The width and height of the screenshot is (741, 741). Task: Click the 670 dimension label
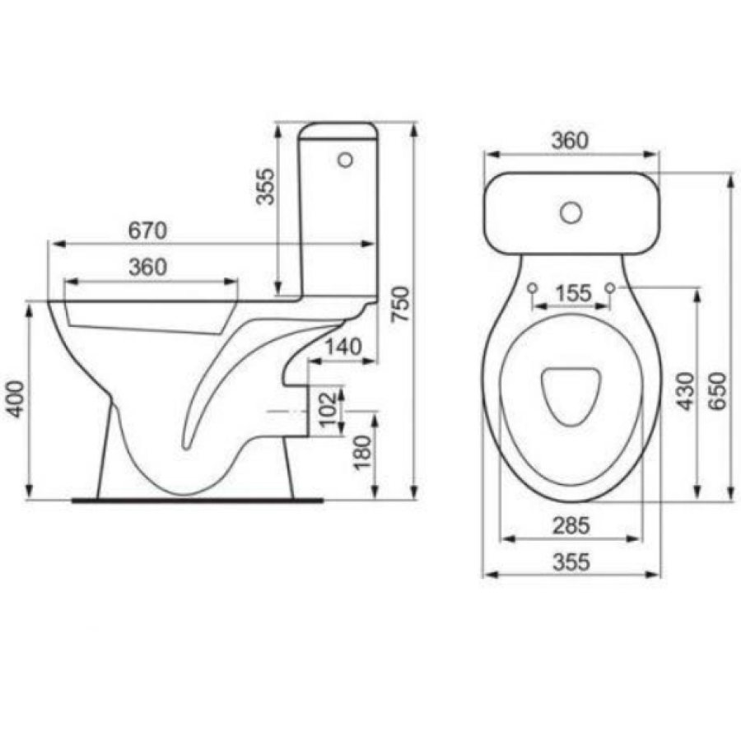tap(147, 231)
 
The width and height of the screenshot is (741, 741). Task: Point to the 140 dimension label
tap(343, 347)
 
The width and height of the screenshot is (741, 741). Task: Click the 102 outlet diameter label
tap(329, 408)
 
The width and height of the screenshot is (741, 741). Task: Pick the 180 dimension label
tap(362, 453)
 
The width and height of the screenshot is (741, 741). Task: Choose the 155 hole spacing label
tap(573, 293)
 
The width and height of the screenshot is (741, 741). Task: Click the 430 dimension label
tap(685, 391)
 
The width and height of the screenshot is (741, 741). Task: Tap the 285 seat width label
tap(571, 526)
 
